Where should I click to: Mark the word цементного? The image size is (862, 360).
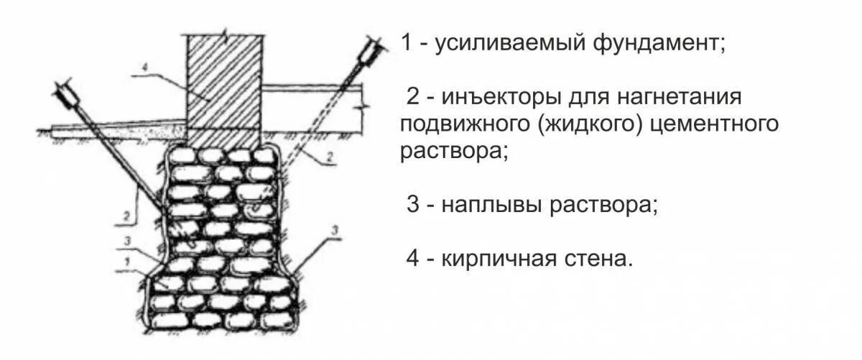[715, 124]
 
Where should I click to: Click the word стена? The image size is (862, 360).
[599, 258]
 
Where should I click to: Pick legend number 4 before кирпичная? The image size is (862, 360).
[412, 258]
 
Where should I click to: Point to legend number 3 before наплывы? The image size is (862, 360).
[412, 205]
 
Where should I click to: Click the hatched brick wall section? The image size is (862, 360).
[223, 86]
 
